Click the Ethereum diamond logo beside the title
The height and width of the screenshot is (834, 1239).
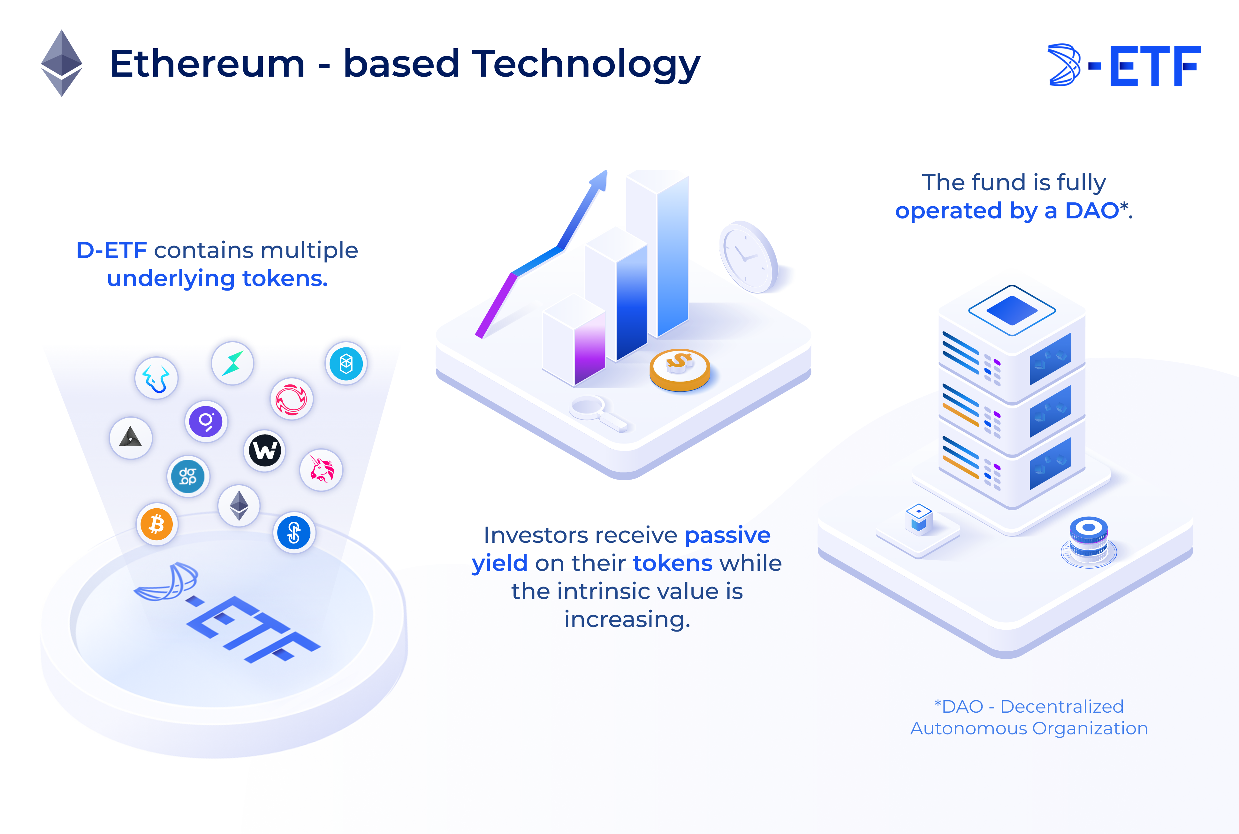62,63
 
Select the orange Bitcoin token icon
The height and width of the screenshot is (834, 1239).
157,524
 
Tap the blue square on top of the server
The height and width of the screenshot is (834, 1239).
1012,310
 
